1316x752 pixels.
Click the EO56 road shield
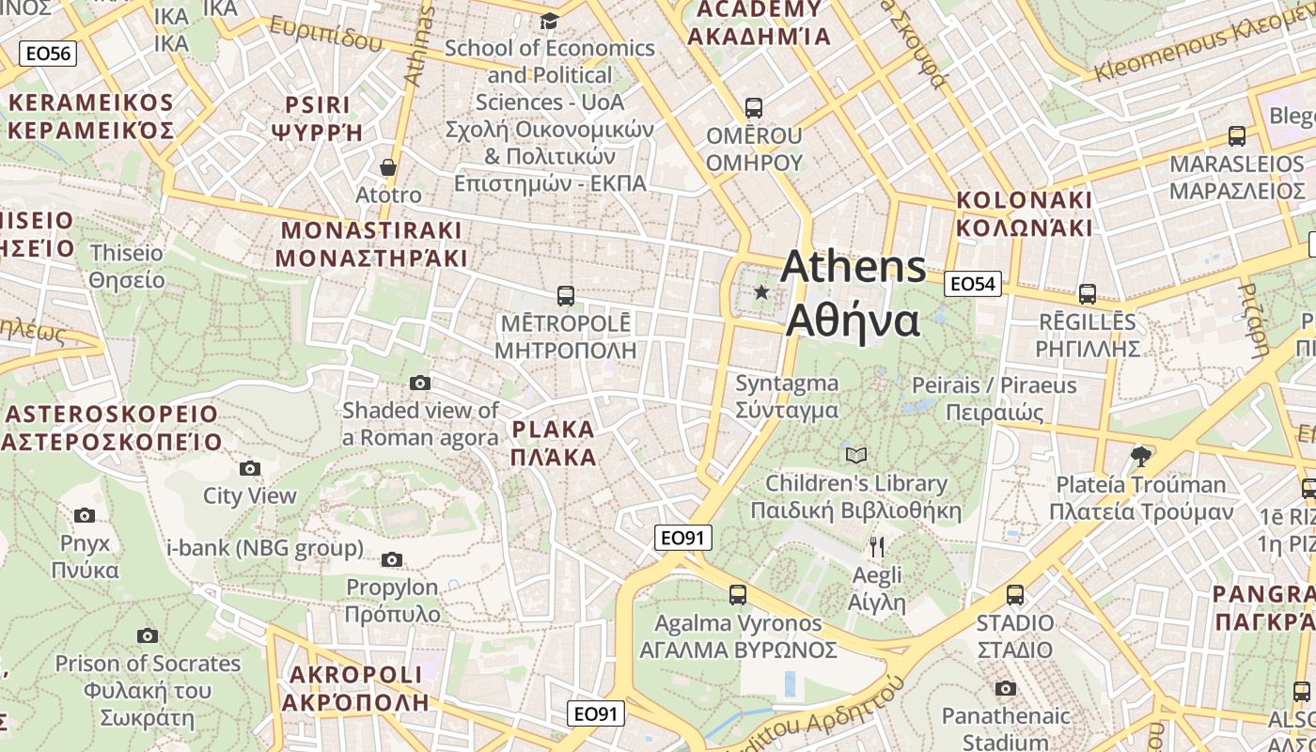point(48,54)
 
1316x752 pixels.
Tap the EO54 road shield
point(972,283)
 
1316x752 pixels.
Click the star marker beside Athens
point(761,292)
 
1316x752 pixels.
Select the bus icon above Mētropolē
point(565,296)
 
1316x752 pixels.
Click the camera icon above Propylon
point(392,560)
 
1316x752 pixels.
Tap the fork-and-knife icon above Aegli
point(877,547)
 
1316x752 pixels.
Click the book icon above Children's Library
point(855,456)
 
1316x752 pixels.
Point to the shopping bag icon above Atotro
point(388,168)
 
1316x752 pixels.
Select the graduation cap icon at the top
point(549,21)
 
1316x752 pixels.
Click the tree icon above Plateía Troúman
point(1141,457)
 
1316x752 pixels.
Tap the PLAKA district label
point(554,444)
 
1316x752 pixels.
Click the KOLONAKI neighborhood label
point(1024,213)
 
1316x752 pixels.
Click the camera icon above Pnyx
point(85,515)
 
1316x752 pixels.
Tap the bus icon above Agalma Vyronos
point(738,595)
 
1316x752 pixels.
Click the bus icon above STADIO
point(1014,595)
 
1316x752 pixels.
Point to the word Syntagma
point(787,384)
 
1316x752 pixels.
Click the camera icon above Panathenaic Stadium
point(1006,688)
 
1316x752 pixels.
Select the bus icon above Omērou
point(754,107)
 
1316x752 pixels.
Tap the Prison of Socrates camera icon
point(148,635)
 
